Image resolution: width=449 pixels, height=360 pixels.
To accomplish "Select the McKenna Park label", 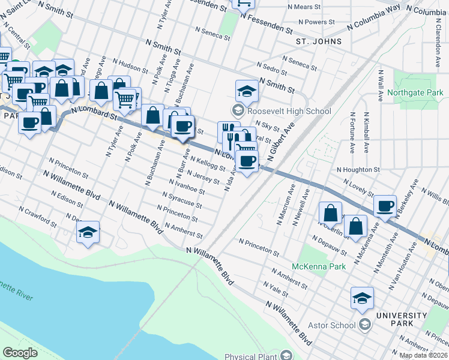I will tap(315, 266).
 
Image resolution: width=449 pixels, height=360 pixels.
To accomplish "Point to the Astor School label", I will tap(331, 326).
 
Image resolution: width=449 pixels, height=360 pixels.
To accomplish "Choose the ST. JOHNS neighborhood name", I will tap(319, 41).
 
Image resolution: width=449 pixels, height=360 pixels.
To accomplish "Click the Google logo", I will tap(20, 353).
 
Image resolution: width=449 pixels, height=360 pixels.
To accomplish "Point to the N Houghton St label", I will tap(358, 170).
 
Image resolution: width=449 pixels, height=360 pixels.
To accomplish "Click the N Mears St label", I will tap(304, 7).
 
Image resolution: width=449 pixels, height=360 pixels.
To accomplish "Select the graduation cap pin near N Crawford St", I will tap(88, 232).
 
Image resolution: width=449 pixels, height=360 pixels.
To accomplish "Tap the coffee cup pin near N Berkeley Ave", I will tap(385, 206).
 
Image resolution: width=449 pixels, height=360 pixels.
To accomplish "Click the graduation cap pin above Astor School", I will tap(362, 298).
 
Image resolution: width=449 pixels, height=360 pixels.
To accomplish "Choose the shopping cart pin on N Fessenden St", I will tap(244, 4).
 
